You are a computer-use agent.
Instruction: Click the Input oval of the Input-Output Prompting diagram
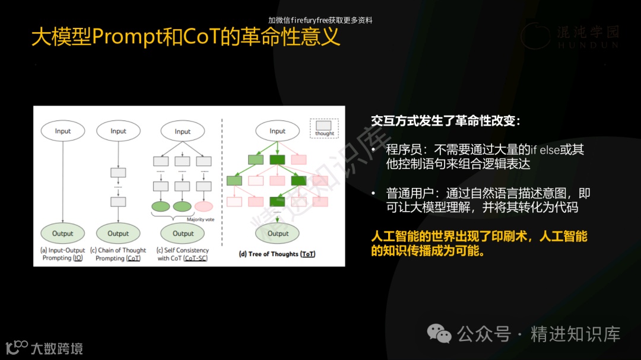point(62,131)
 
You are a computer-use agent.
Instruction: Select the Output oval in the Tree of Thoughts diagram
point(278,233)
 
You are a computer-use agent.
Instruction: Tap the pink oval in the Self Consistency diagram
point(204,206)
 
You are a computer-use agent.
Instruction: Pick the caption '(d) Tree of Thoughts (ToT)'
point(277,254)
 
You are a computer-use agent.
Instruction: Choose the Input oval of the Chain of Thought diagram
point(118,131)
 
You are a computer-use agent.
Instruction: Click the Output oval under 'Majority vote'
point(183,233)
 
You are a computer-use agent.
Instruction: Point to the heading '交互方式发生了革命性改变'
point(445,121)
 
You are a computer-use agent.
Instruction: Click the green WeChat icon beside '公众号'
point(440,334)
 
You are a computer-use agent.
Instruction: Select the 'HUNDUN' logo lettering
point(588,45)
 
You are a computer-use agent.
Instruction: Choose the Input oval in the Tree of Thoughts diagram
point(277,131)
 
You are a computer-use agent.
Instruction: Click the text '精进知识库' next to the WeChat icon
point(575,334)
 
